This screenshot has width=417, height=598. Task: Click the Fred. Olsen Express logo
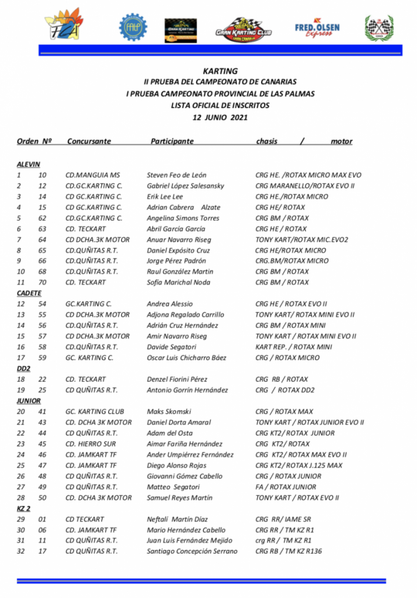[x=317, y=27]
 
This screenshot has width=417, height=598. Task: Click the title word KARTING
[x=220, y=71]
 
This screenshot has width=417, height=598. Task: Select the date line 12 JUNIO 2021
[x=220, y=117]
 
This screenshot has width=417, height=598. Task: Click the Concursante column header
[x=89, y=141]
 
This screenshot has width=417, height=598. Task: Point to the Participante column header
[x=172, y=141]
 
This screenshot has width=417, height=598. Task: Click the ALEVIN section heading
[x=28, y=164]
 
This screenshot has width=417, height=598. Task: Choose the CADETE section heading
[x=29, y=293]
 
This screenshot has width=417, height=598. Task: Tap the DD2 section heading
[x=23, y=368]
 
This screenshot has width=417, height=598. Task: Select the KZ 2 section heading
[x=24, y=508]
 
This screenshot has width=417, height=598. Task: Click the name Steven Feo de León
[x=176, y=175]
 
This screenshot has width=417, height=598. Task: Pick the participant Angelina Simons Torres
[x=183, y=218]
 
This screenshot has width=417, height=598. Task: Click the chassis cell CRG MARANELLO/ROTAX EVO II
[x=305, y=186]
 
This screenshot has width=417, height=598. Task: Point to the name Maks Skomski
[x=169, y=412]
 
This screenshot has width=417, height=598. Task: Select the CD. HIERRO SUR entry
[x=91, y=444]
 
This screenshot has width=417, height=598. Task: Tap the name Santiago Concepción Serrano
[x=192, y=551]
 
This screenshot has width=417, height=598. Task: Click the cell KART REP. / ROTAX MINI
[x=294, y=347]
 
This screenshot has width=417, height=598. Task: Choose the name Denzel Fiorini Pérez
[x=178, y=379]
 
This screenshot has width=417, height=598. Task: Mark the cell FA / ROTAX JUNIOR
[x=286, y=487]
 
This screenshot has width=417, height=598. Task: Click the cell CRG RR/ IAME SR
[x=283, y=519]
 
